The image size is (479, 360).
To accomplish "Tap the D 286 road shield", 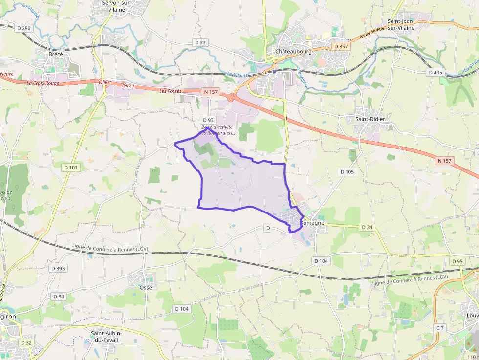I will [23, 28].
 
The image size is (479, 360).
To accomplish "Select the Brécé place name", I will [56, 54].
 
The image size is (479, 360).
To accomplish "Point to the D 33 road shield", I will [200, 42].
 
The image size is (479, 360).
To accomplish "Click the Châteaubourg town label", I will [293, 51].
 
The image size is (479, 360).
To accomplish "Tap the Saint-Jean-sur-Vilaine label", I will [408, 24].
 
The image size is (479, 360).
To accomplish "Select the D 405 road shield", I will [435, 72].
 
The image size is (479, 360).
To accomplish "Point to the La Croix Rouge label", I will [43, 83].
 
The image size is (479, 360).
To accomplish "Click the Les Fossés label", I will [170, 91].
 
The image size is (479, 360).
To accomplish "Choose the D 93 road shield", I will [208, 120].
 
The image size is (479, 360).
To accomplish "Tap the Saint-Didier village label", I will [370, 119].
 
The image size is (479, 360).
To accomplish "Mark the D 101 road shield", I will [71, 167].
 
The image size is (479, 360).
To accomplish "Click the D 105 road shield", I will [348, 171].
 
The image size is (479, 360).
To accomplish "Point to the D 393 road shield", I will [58, 268].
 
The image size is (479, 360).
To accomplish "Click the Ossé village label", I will [146, 287].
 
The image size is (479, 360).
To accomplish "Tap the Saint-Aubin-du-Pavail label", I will [106, 337].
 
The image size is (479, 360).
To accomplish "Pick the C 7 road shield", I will [440, 327].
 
